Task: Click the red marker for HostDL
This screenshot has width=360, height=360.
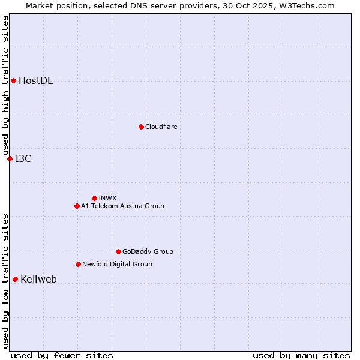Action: (13, 80)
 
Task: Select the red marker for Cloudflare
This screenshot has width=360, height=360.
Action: (141, 127)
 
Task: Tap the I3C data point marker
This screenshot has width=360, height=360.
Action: (10, 158)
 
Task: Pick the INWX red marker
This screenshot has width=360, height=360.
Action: (94, 198)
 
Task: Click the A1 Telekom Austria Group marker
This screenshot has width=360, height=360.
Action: (77, 206)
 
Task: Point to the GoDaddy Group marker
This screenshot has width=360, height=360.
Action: (118, 251)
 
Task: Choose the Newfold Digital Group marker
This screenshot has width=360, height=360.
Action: (78, 264)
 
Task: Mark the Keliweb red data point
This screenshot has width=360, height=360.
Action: (15, 279)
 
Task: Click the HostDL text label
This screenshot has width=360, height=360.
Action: (35, 81)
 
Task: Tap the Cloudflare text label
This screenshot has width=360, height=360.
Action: (161, 127)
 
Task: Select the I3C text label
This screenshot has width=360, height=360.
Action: (23, 159)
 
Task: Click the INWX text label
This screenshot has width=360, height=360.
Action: (107, 198)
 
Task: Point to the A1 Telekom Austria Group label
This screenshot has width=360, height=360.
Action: (122, 206)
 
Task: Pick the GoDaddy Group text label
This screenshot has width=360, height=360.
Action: (148, 251)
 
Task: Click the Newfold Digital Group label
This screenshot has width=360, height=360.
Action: (117, 264)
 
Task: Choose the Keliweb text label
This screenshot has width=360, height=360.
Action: (38, 280)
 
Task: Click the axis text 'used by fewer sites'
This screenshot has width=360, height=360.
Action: (61, 355)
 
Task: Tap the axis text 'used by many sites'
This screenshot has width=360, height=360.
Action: (301, 355)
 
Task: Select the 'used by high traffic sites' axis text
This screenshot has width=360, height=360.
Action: (5, 85)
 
